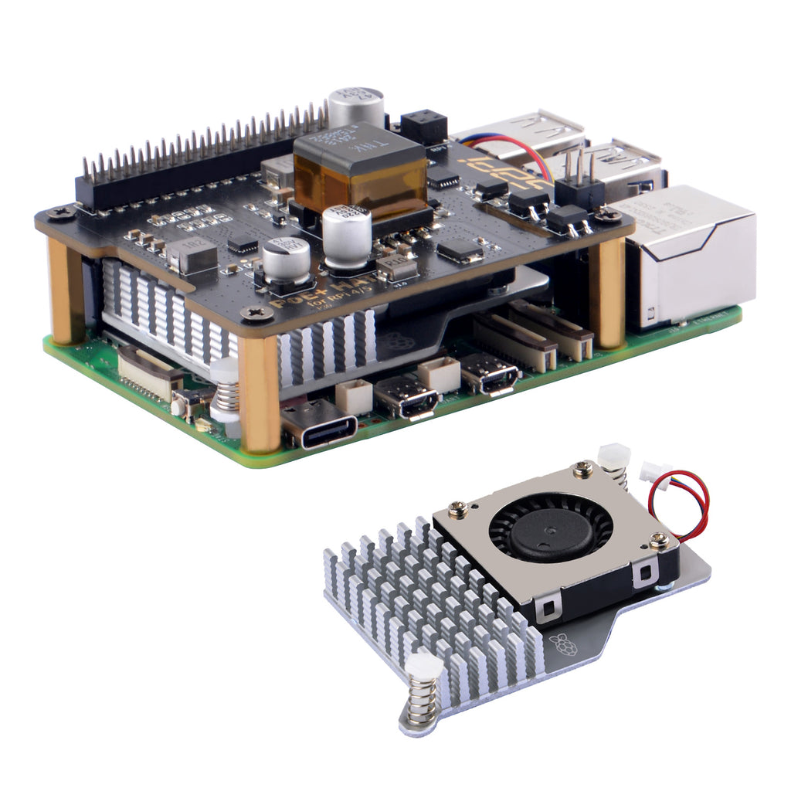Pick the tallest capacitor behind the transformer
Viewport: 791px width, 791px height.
pos(356,108)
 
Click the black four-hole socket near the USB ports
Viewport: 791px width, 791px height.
pos(424,127)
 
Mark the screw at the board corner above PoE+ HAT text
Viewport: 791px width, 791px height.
pos(255,313)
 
